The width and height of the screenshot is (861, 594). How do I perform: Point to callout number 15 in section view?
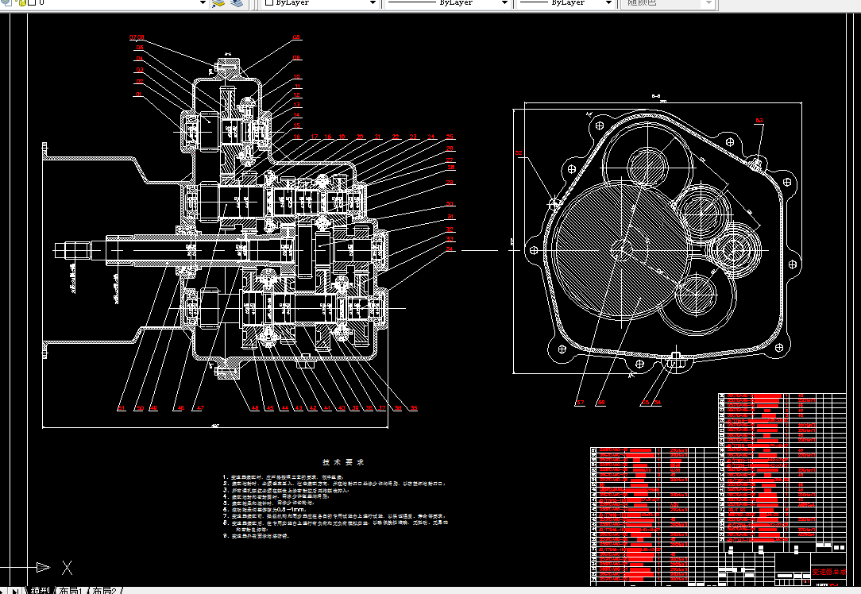click(297, 125)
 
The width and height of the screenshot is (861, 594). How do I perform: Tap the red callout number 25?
click(450, 137)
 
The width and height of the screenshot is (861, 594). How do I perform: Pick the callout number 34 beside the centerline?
click(450, 249)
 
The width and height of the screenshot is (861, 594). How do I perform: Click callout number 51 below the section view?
click(122, 408)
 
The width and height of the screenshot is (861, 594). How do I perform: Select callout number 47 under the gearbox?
click(200, 408)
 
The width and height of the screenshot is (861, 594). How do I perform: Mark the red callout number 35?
click(413, 408)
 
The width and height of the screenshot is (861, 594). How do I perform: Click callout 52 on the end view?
click(519, 154)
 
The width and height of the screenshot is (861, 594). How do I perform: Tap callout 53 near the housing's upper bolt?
click(759, 121)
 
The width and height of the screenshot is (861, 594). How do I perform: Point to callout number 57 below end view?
click(580, 403)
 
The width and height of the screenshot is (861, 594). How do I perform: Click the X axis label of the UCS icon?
click(68, 567)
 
